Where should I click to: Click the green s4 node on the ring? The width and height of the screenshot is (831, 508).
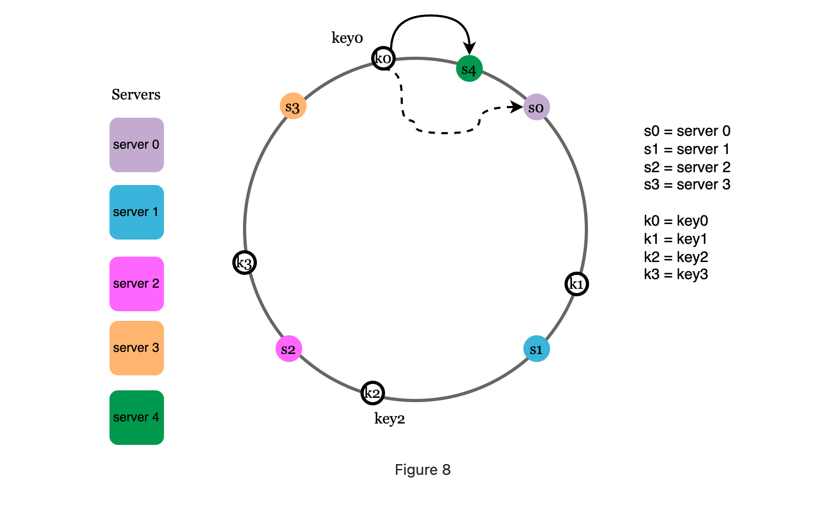click(469, 69)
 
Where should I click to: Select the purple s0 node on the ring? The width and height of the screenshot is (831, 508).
click(536, 107)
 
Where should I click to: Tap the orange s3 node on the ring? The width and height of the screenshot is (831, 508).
click(293, 106)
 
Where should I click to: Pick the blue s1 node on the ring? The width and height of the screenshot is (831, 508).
click(536, 349)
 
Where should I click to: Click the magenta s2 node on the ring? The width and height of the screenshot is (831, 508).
click(288, 349)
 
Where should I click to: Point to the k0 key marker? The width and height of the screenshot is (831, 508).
click(383, 58)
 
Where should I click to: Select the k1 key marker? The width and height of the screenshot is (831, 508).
click(576, 284)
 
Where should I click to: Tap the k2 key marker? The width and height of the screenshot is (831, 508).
click(372, 393)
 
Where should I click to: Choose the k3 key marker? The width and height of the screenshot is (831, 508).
click(245, 263)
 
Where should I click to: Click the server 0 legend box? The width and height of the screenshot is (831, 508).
click(136, 145)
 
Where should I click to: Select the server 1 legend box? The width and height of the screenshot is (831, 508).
click(136, 212)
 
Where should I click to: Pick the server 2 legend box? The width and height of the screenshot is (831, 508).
click(136, 284)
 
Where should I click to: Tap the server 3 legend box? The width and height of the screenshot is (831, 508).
click(136, 348)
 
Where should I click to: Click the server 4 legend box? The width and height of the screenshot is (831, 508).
click(136, 418)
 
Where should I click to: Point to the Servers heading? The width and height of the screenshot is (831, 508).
click(136, 95)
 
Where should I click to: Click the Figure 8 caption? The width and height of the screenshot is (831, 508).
click(422, 469)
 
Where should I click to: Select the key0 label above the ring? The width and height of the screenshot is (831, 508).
click(347, 38)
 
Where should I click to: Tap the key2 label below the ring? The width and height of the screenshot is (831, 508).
click(389, 418)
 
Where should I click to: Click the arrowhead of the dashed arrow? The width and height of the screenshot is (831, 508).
click(517, 107)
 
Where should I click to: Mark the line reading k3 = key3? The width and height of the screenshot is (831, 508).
click(676, 274)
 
